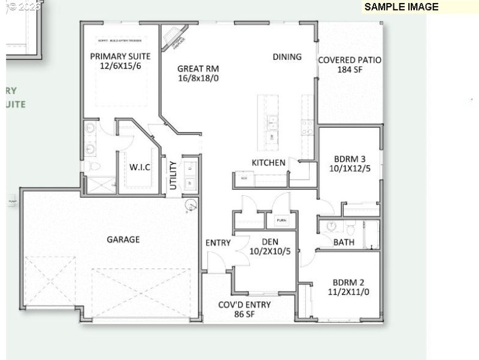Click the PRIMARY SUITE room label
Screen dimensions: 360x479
click(120, 56)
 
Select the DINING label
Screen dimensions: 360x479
click(287, 57)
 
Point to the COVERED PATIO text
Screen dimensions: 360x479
click(350, 60)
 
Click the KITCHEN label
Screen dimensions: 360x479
click(268, 163)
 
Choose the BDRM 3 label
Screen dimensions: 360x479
click(350, 159)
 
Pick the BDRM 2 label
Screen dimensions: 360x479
click(349, 283)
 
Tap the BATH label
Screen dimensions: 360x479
click(344, 243)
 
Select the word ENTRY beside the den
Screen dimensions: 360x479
click(218, 243)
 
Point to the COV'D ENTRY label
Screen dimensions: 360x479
click(244, 304)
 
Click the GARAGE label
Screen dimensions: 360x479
click(123, 240)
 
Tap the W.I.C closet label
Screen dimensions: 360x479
click(140, 167)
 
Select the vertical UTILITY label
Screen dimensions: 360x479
click(173, 176)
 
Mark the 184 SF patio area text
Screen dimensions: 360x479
click(350, 69)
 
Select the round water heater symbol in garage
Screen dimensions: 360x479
click(190, 205)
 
